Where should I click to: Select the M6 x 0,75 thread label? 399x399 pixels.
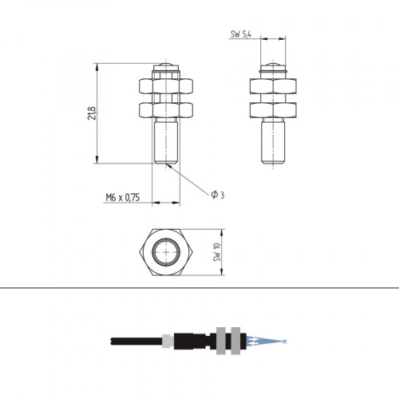pos(122,197)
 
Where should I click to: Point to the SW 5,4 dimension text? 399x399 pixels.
pos(241,34)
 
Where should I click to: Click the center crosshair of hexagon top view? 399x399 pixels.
pos(166,252)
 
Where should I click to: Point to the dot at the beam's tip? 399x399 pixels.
pos(286,341)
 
